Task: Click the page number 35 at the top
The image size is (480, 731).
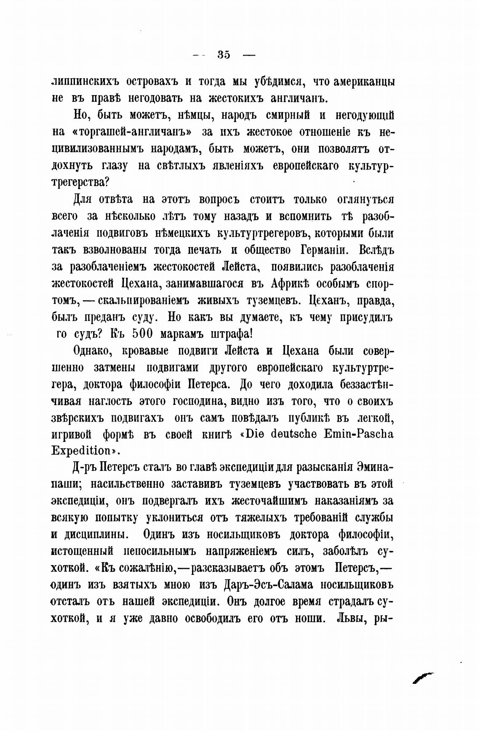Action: [x=224, y=55]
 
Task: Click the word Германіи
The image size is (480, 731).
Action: [x=325, y=250]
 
